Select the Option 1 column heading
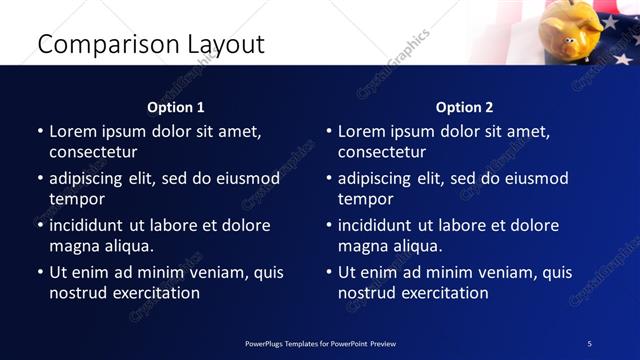tap(176, 107)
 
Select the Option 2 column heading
tap(465, 107)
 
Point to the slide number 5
tap(590, 343)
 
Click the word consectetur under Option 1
tap(93, 152)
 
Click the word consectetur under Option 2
tap(382, 152)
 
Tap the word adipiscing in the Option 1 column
tap(91, 179)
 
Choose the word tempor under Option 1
tap(76, 199)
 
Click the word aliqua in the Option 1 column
tap(126, 246)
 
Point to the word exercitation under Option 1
tap(154, 293)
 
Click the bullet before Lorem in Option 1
tap(40, 132)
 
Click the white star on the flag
tap(608, 22)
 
